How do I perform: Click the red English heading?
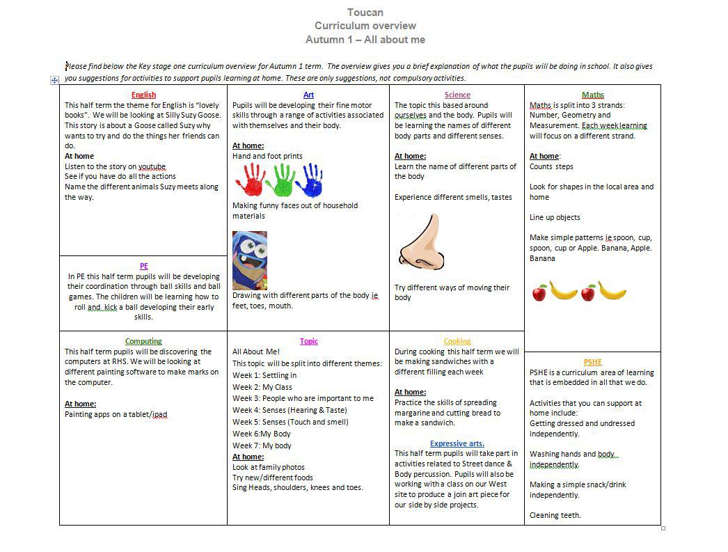tap(143, 95)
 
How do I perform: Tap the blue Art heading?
tap(308, 95)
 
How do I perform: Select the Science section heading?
tap(457, 95)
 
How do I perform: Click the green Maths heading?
tap(593, 95)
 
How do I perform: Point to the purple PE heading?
tap(143, 266)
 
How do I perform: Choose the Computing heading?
tap(143, 341)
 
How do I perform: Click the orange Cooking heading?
tap(457, 341)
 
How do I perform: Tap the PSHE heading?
tap(593, 362)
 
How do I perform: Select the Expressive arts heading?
tap(457, 443)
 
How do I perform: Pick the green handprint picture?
tap(283, 180)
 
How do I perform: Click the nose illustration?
tap(422, 241)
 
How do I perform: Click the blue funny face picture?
tap(249, 260)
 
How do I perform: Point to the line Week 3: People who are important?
tap(303, 398)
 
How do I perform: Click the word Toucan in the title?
tap(365, 12)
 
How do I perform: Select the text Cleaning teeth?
tap(555, 515)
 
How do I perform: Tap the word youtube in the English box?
tap(152, 167)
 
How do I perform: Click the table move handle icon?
tap(54, 81)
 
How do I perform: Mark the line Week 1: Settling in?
tap(264, 375)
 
